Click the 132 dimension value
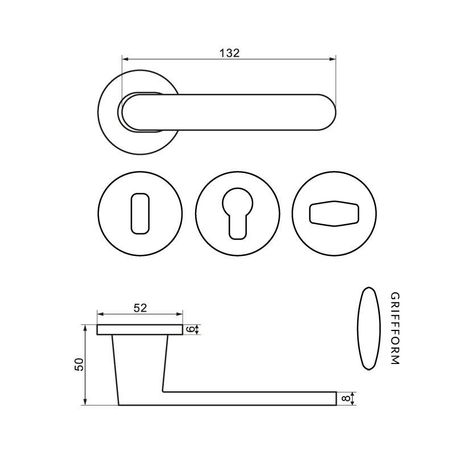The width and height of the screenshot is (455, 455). [x=229, y=53]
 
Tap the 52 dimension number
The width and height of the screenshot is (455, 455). [x=140, y=308]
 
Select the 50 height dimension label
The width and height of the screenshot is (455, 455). [x=79, y=364]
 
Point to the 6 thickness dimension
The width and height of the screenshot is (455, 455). [x=191, y=329]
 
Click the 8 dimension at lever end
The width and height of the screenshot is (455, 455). [x=345, y=399]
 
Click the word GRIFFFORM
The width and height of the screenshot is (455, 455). [x=395, y=329]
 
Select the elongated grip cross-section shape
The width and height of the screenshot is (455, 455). [x=369, y=329]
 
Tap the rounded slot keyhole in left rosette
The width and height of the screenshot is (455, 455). [x=140, y=214]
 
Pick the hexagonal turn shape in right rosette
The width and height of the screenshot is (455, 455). [x=334, y=214]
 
